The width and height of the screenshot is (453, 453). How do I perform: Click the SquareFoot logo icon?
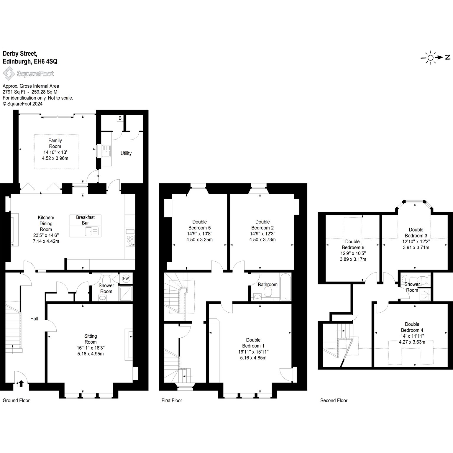(9, 73)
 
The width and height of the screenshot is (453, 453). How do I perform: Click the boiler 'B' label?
(120, 118)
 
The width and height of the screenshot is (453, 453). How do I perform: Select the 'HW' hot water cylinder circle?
(126, 278)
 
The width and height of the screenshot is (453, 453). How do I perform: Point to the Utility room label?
(126, 153)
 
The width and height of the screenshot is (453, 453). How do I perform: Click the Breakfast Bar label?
(85, 220)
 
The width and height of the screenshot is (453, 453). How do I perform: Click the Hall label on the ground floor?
(35, 319)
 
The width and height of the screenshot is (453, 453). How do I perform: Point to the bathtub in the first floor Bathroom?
(285, 287)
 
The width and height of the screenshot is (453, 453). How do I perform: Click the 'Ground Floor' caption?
(16, 400)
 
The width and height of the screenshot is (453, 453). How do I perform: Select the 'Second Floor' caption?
(334, 400)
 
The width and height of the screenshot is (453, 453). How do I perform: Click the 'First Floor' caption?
(172, 400)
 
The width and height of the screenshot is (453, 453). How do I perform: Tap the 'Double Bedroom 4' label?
(412, 327)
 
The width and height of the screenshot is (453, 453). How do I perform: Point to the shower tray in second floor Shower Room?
(425, 295)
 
